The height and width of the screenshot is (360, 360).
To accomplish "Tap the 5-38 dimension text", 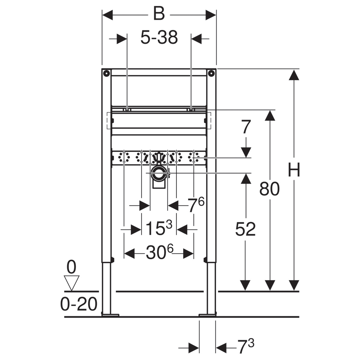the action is pyautogui.click(x=159, y=38).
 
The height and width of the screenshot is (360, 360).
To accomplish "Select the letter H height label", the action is pyautogui.click(x=294, y=169).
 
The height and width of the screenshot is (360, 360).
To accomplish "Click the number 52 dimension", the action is pyautogui.click(x=245, y=229).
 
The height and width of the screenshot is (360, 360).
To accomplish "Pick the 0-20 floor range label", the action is pyautogui.click(x=79, y=304).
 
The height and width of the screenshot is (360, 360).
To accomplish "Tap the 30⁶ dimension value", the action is pyautogui.click(x=159, y=252).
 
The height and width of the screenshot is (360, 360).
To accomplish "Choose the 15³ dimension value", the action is pyautogui.click(x=159, y=228).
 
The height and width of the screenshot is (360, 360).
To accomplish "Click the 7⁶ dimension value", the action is pyautogui.click(x=196, y=205).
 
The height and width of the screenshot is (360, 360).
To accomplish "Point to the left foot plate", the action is pyautogui.click(x=110, y=315).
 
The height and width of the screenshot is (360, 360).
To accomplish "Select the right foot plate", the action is pyautogui.click(x=208, y=315).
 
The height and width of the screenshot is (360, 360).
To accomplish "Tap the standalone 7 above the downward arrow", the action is pyautogui.click(x=245, y=127).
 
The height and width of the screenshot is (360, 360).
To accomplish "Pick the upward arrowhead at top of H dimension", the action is pyautogui.click(x=294, y=75).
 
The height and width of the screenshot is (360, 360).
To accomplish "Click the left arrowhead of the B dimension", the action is pyautogui.click(x=108, y=15).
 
